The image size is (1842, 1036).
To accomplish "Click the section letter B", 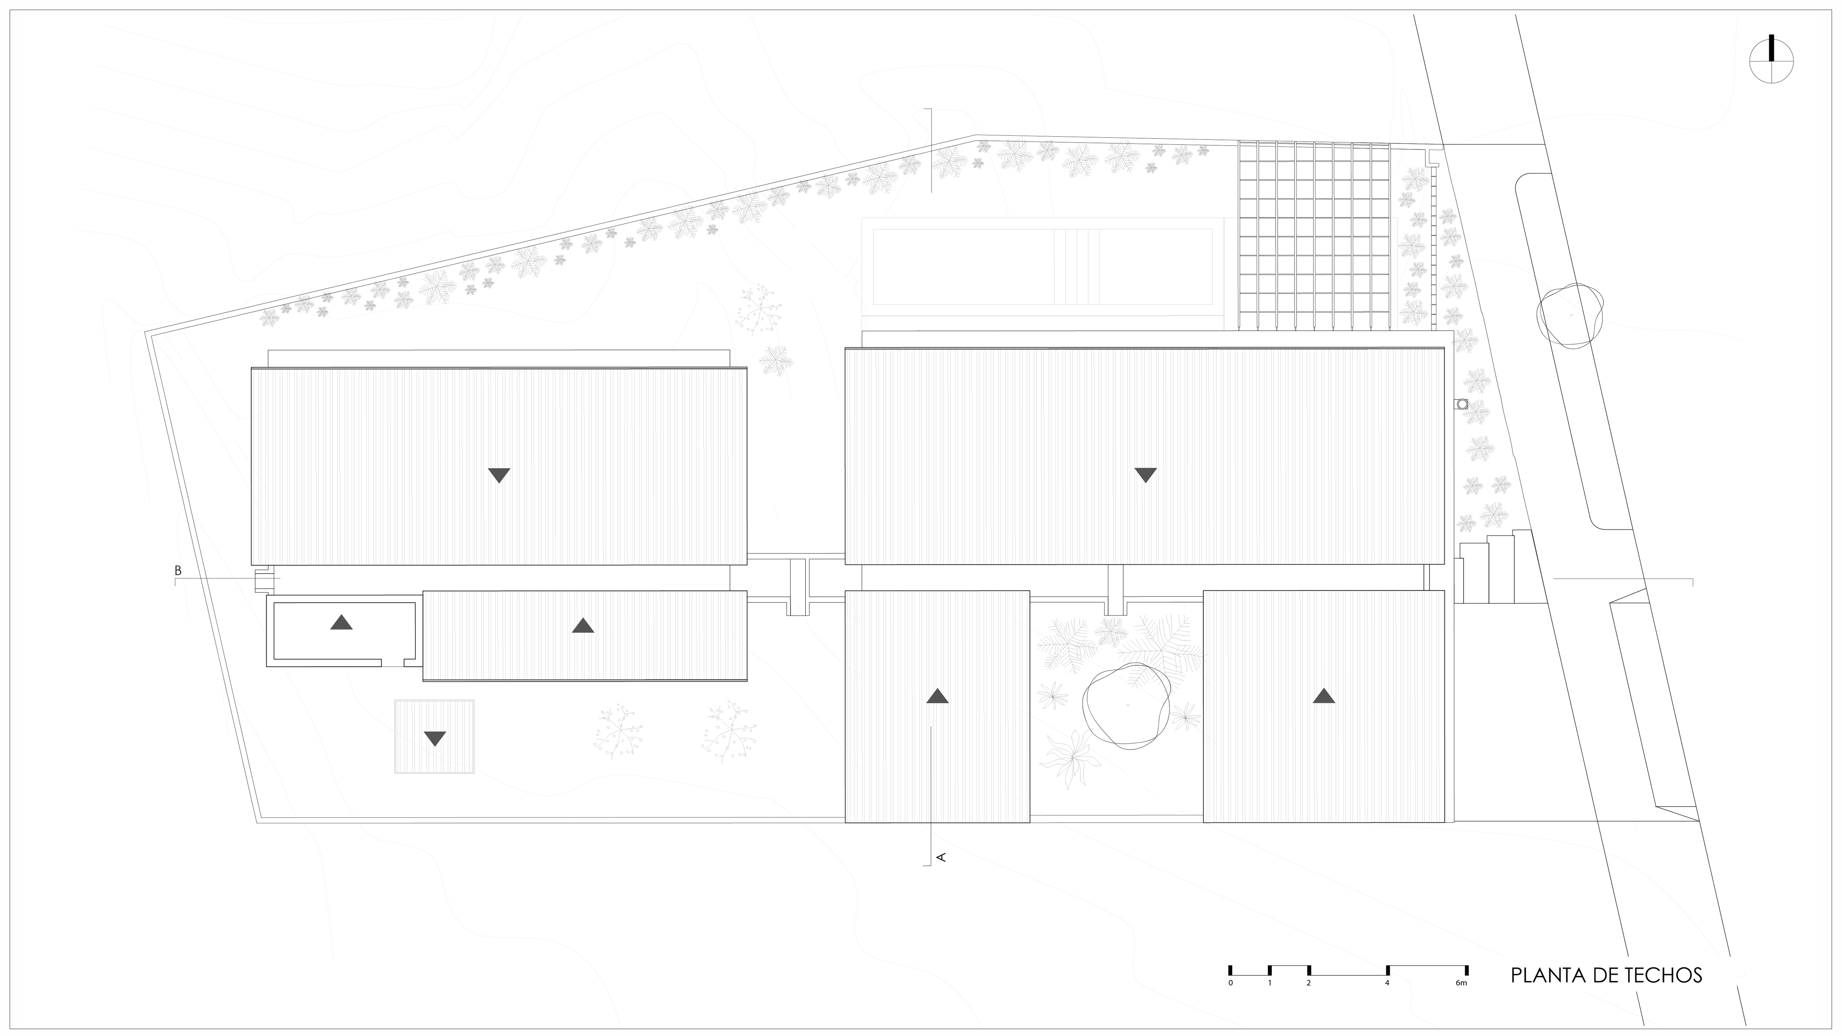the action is tap(178, 571).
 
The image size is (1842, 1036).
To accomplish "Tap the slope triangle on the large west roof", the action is tap(499, 475).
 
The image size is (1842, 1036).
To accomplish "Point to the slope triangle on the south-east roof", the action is tap(1323, 696).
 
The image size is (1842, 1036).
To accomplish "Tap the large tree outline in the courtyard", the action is tap(1126, 705).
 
